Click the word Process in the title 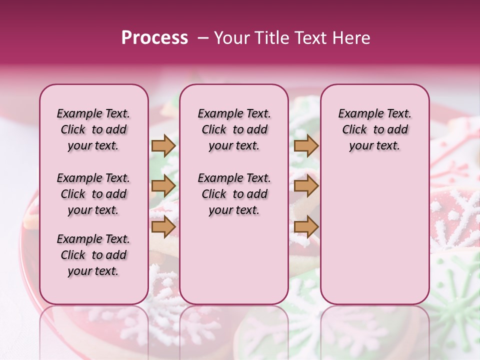point(154,38)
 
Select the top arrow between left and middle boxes point(163,146)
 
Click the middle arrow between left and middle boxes point(163,186)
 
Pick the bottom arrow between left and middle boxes point(163,226)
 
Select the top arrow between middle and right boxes point(306,146)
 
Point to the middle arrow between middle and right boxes point(306,186)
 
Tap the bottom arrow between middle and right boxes point(306,226)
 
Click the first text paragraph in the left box point(93,129)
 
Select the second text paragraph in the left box point(93,194)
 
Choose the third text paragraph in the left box point(93,255)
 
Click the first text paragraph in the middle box point(234,129)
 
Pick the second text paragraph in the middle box point(234,194)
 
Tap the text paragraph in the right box point(374,129)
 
